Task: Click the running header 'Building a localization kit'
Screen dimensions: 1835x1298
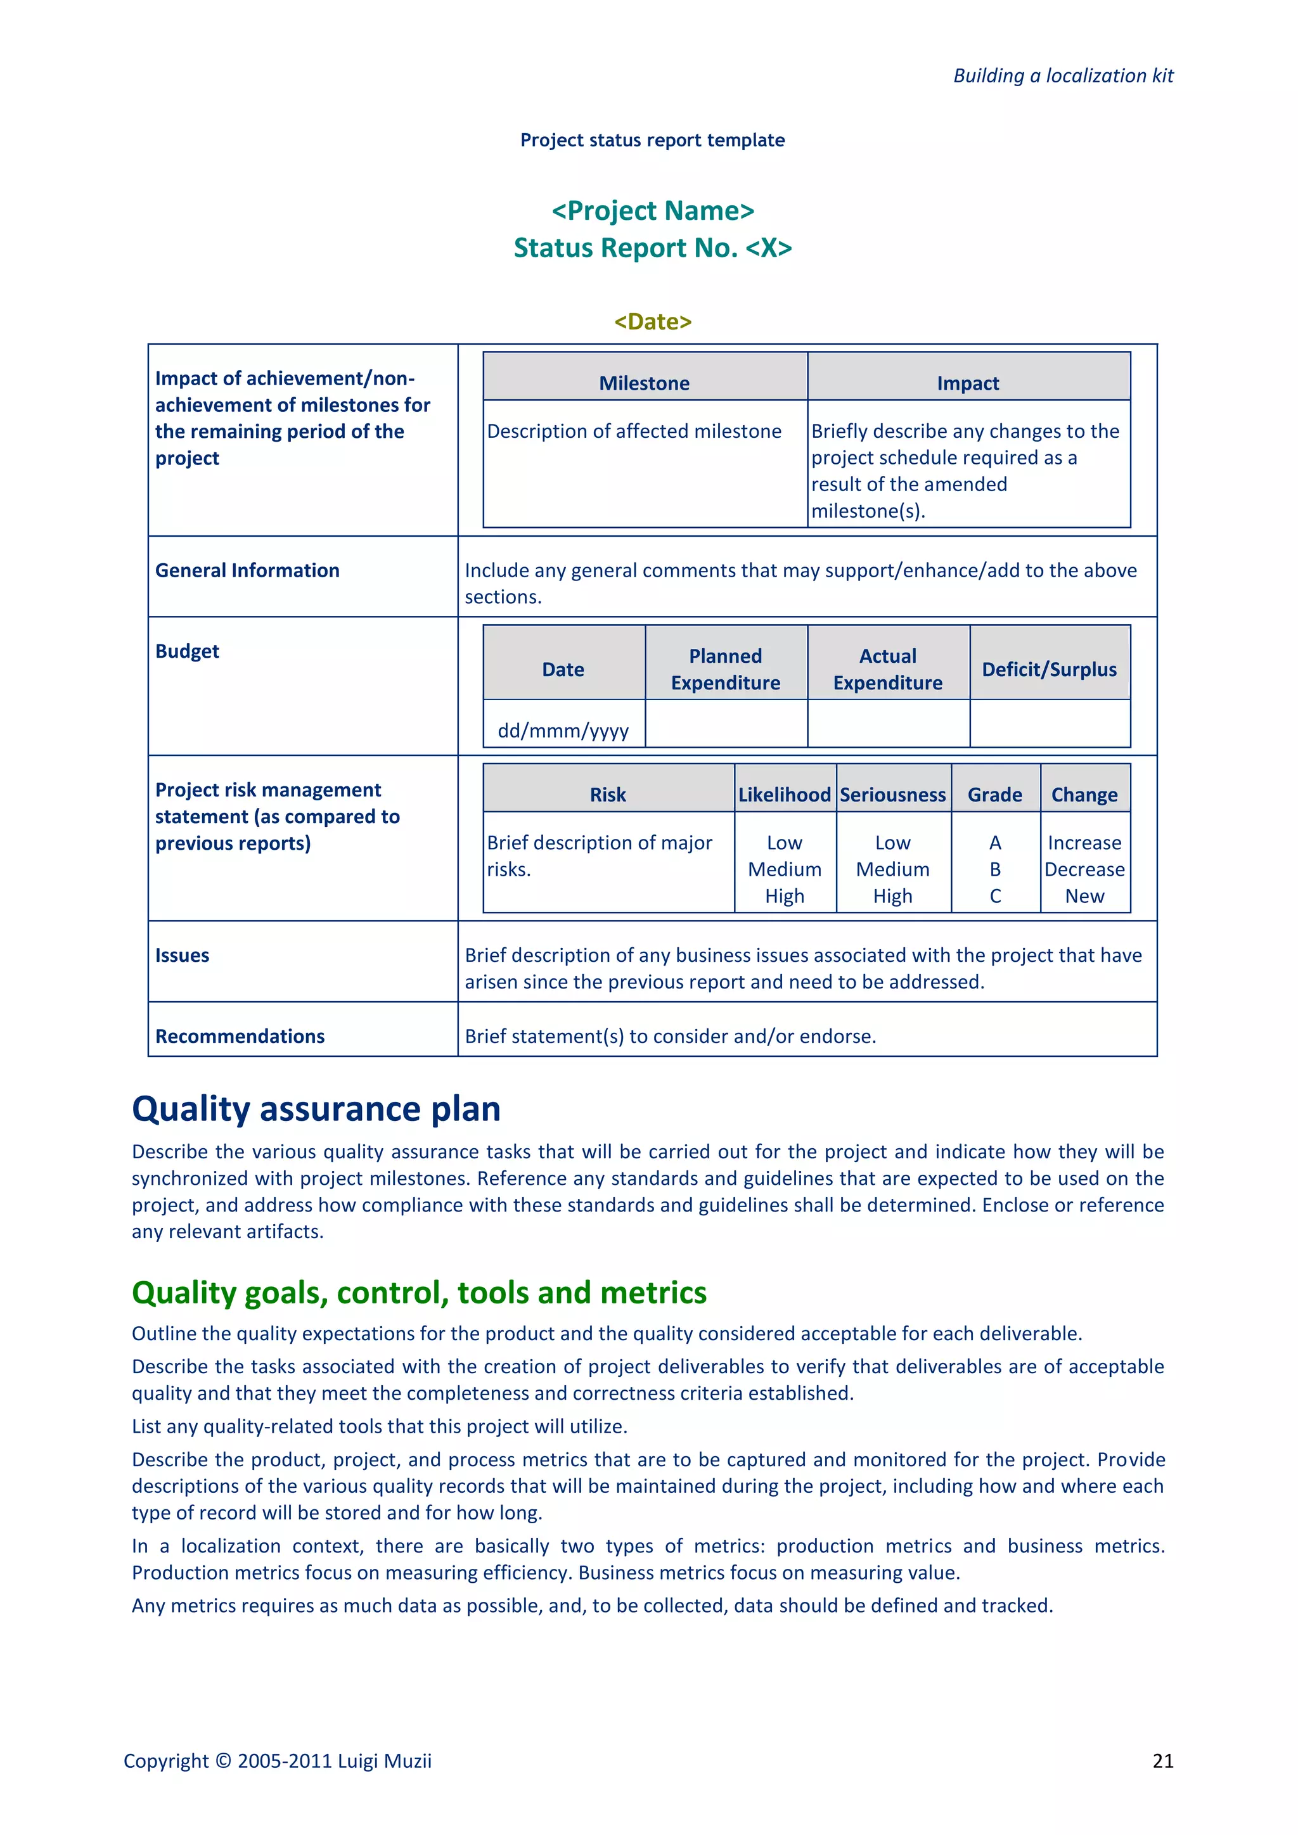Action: click(x=1062, y=76)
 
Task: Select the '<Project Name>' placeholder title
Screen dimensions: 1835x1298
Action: click(x=652, y=211)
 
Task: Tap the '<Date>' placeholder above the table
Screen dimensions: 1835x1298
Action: click(x=652, y=321)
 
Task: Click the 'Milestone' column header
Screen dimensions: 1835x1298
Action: click(x=644, y=383)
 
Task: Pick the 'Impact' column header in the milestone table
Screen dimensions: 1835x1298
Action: click(x=968, y=383)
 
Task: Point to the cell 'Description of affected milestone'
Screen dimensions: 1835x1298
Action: click(x=634, y=432)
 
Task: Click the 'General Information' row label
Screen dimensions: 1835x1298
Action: click(x=247, y=571)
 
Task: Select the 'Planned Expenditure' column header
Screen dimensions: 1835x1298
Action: click(x=725, y=669)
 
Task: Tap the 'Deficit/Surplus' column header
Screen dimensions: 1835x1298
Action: click(x=1049, y=670)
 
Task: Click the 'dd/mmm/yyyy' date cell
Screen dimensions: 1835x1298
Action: click(x=563, y=731)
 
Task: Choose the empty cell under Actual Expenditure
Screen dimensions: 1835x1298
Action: click(x=888, y=724)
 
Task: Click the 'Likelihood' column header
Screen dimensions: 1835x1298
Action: click(x=784, y=795)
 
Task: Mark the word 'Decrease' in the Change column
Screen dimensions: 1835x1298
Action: click(x=1084, y=869)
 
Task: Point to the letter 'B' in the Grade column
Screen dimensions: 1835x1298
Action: click(x=995, y=869)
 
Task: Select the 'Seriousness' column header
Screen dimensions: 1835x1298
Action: click(x=893, y=795)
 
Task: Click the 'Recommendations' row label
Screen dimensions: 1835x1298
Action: click(x=240, y=1037)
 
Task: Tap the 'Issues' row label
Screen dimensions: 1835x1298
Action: click(x=183, y=956)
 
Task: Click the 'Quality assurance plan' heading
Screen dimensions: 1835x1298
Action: click(x=316, y=1109)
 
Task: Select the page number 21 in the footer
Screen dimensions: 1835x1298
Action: click(x=1163, y=1761)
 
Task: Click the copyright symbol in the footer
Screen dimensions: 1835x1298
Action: click(x=223, y=1761)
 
